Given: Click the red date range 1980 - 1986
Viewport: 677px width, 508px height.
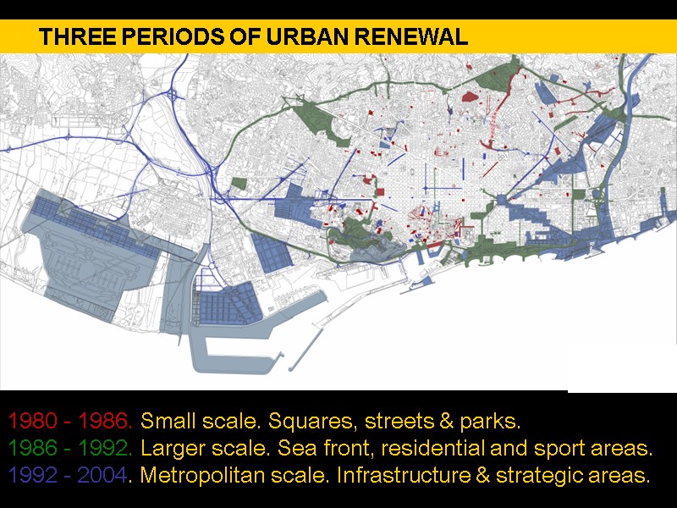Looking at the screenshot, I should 69,421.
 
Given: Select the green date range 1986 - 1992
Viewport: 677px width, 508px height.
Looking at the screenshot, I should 69,448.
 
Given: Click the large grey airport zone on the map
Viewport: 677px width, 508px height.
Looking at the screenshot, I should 93,262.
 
